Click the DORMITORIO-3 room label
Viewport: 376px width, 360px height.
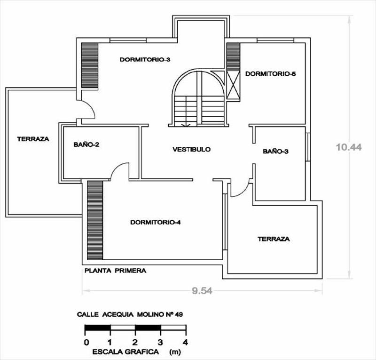coord(145,59)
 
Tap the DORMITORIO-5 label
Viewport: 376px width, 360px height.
coord(271,74)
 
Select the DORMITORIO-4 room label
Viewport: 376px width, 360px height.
coord(156,222)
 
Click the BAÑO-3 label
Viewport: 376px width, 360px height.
coord(275,152)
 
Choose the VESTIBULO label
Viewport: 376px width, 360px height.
coord(191,149)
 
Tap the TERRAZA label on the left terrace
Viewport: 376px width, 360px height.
coord(33,139)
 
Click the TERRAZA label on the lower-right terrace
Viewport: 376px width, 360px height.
coord(274,239)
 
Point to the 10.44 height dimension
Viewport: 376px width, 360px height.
coord(349,147)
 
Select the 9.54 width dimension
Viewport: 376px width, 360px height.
coord(202,291)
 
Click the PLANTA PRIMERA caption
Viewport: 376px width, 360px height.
coord(115,271)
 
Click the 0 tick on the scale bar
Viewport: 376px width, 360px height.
coord(86,342)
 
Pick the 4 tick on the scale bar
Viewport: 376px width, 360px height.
coord(185,342)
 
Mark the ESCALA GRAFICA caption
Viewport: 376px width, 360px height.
coord(125,352)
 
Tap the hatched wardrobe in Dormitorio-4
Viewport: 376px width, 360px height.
coord(95,220)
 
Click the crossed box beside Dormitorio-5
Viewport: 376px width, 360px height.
coord(233,85)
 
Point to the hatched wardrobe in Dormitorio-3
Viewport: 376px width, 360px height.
coord(90,66)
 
